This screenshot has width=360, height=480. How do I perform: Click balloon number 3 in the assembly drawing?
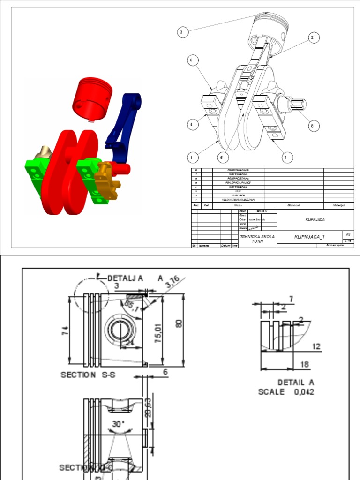point(183,32)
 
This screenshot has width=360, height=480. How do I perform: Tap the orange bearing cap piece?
point(107,180)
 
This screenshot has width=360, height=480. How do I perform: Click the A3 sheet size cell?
point(348,234)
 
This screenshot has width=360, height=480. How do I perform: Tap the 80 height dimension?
point(180,324)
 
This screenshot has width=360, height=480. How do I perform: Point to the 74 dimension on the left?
point(66,330)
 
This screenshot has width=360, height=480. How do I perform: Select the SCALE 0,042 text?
point(286,392)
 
